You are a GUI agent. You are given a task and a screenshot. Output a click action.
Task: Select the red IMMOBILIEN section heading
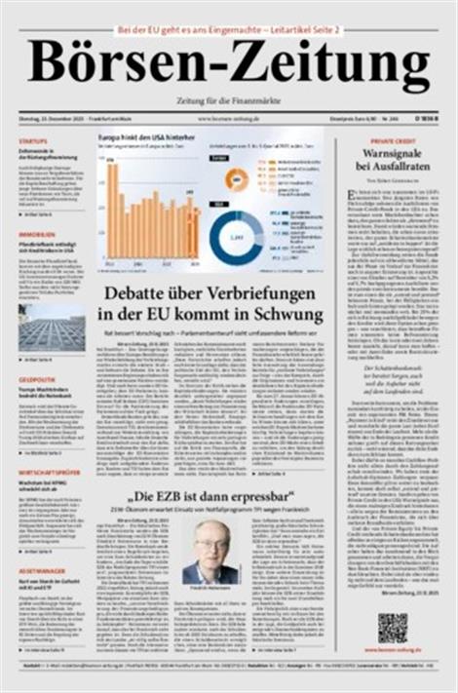[x=37, y=235]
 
